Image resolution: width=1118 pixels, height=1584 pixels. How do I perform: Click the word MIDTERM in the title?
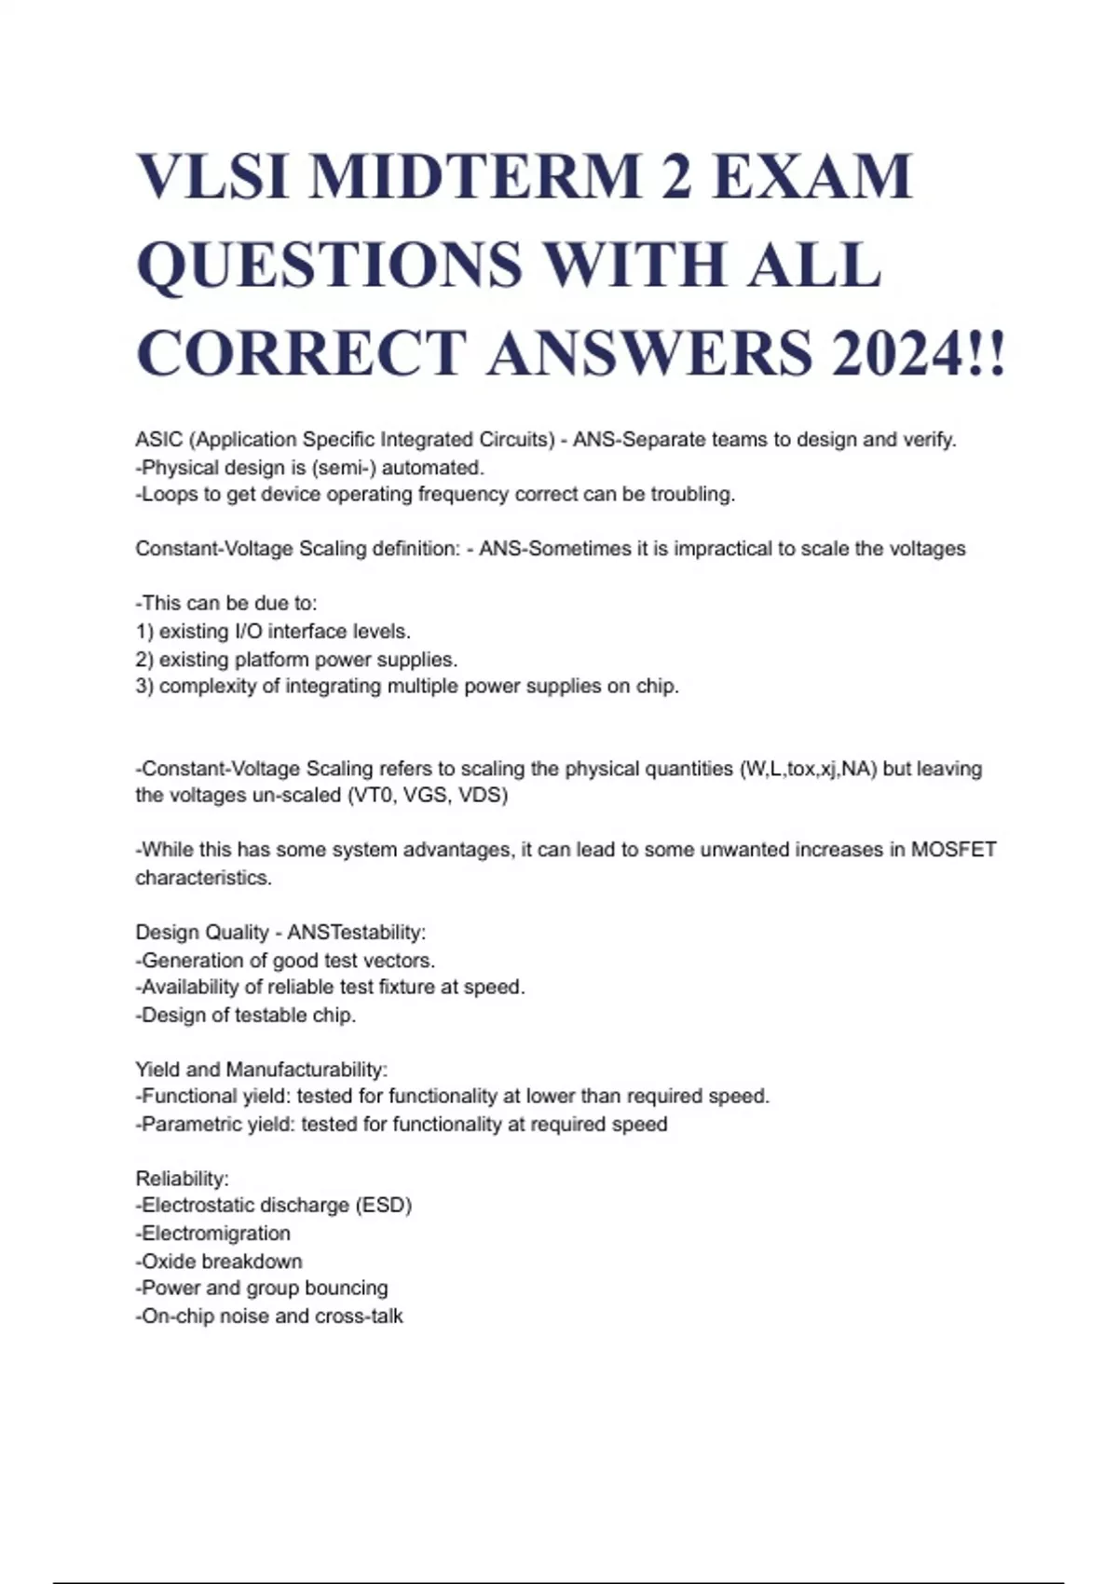tap(475, 177)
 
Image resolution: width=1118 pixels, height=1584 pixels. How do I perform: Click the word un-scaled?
tap(282, 797)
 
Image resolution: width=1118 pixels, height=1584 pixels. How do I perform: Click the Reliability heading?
tap(182, 1179)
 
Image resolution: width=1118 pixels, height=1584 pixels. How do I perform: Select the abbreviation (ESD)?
tap(382, 1206)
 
